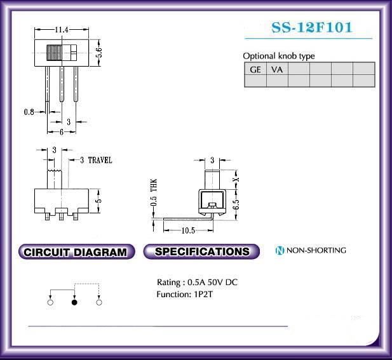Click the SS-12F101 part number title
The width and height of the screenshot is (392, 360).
(x=312, y=27)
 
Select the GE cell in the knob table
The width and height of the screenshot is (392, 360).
(x=255, y=69)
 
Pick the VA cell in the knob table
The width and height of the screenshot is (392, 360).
(x=277, y=69)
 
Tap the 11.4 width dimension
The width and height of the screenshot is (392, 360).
(x=62, y=30)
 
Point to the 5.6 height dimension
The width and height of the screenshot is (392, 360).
(x=99, y=53)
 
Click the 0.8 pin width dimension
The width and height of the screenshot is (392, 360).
(x=29, y=112)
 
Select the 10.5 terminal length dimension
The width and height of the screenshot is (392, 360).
(x=188, y=230)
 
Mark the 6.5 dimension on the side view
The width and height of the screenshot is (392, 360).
(x=236, y=205)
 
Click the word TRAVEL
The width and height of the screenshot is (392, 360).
(x=100, y=160)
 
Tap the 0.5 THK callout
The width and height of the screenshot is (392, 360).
(x=154, y=192)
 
